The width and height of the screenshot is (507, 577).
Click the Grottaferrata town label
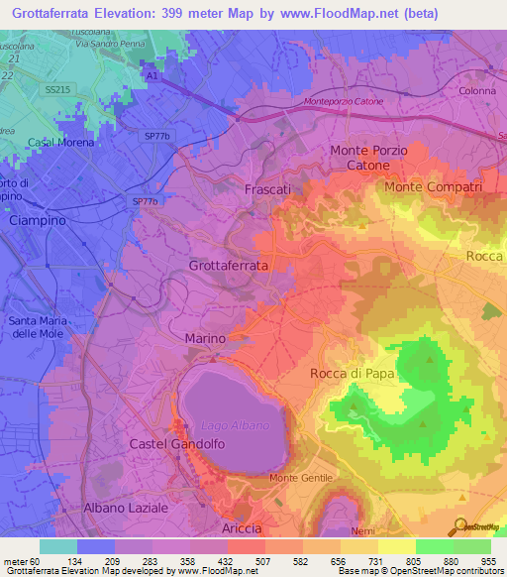tap(228, 266)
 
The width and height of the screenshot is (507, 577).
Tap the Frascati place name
tap(267, 188)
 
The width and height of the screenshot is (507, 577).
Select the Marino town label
tap(206, 339)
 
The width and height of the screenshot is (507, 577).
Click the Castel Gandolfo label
tap(171, 445)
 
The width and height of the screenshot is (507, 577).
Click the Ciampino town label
tap(37, 221)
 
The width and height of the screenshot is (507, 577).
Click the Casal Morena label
tap(61, 143)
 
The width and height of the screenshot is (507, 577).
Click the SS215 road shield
tap(56, 89)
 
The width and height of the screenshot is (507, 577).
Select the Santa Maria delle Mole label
tap(39, 326)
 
